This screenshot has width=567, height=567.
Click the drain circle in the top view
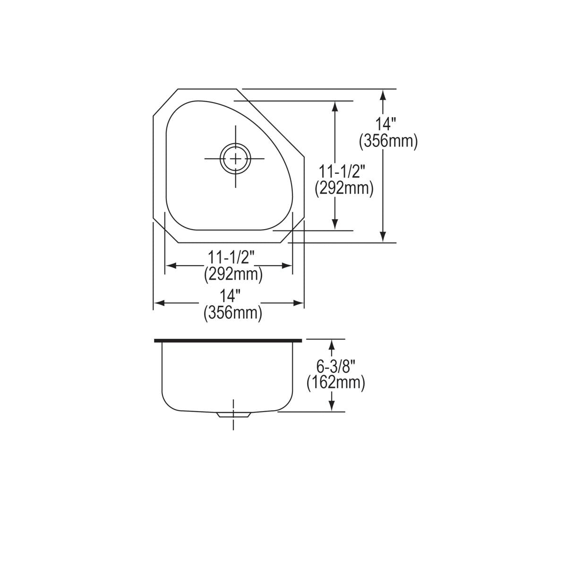[234, 158]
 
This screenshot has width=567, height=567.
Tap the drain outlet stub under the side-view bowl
[233, 415]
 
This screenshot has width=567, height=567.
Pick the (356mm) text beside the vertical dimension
[388, 141]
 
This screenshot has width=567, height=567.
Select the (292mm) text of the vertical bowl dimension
[344, 189]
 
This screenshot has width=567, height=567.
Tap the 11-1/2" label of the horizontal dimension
[232, 258]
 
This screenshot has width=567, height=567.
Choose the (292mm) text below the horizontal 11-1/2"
[233, 274]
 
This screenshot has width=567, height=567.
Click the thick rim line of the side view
[227, 340]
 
